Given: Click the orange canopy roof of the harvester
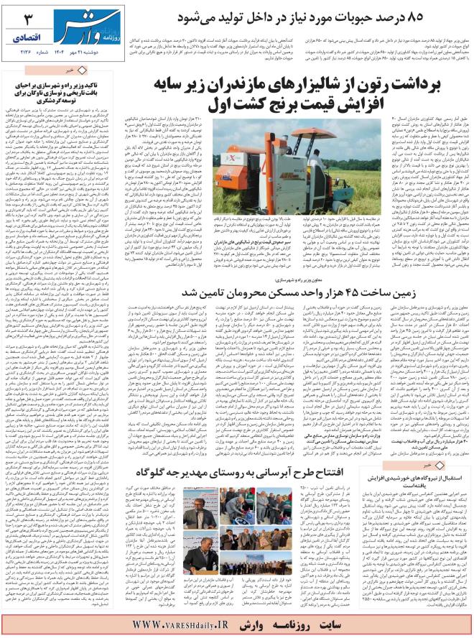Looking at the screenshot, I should click(x=254, y=154).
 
